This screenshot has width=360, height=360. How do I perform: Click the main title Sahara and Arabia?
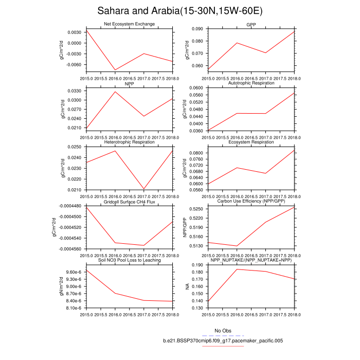point(180,11)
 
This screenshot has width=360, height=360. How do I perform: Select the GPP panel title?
point(251,25)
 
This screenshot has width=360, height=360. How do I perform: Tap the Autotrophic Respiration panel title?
point(251,83)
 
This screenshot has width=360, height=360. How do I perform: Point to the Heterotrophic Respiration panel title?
point(129,141)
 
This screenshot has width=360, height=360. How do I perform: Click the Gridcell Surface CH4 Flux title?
point(129,202)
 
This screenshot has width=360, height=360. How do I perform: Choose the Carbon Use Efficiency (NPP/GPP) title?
point(251,202)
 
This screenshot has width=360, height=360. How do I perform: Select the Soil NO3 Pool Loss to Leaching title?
point(129,260)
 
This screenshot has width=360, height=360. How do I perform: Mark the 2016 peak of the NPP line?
point(115,92)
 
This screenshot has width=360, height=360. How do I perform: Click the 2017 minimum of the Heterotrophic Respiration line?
point(143,189)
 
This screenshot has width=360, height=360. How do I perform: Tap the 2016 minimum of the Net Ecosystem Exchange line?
point(115,70)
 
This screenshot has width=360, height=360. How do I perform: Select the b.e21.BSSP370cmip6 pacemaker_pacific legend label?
point(223,340)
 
